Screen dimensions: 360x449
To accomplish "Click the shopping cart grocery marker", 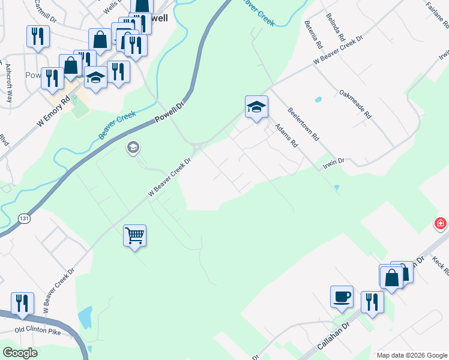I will [134, 235].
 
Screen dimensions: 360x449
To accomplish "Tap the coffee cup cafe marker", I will [342, 296].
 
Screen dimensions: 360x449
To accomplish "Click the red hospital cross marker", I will [441, 224].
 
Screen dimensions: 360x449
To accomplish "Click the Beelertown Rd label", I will [303, 124].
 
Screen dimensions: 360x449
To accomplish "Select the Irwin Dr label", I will [333, 161].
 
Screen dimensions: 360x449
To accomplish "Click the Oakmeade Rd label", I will [355, 104].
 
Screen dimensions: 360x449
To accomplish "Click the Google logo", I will [20, 353].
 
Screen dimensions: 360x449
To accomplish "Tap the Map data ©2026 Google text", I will [412, 355].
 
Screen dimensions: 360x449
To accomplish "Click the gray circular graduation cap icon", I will [133, 147].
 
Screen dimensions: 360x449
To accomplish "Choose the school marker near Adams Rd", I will [256, 107].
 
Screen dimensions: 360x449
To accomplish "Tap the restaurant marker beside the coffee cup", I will [372, 301].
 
